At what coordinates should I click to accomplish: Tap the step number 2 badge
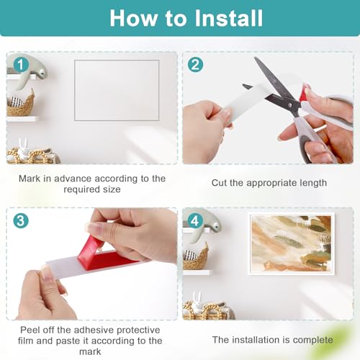pos(195,64)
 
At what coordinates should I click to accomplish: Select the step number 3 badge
pos(20,221)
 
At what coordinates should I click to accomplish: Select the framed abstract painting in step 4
pos(291,243)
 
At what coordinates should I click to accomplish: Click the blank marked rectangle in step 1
pos(117,90)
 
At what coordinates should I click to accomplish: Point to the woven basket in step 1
pos(20,106)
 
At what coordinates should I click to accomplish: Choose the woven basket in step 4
pos(195,258)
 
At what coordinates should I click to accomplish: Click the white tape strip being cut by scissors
pos(245,101)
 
